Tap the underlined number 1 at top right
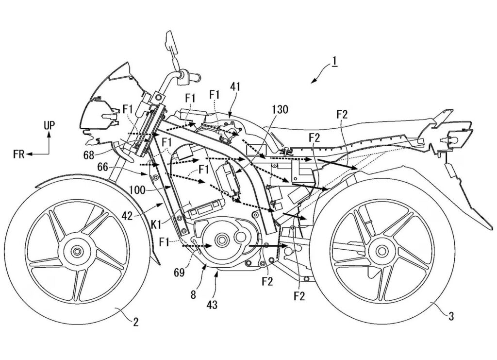(x=334, y=63)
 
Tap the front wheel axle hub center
(x=76, y=252)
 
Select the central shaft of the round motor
(x=223, y=240)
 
